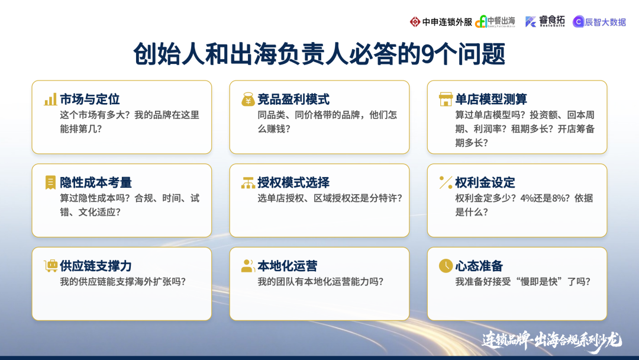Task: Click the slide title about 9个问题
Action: (x=319, y=54)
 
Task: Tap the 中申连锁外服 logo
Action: (x=441, y=22)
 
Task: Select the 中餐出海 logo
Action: (x=495, y=22)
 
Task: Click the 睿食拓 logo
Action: (x=545, y=21)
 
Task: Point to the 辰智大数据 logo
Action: (x=599, y=22)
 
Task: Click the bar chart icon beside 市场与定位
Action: (x=50, y=99)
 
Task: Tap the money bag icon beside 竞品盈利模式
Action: (x=248, y=99)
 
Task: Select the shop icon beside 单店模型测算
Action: (x=446, y=99)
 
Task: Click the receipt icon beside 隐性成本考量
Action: (x=50, y=182)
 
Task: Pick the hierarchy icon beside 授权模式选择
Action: (x=248, y=183)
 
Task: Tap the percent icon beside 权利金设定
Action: (x=446, y=182)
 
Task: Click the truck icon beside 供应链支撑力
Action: (x=50, y=266)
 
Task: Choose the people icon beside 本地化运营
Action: (x=248, y=266)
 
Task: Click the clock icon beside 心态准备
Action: (x=446, y=266)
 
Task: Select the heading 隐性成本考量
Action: (x=96, y=182)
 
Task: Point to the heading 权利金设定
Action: (x=485, y=182)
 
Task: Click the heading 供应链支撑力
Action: (x=96, y=266)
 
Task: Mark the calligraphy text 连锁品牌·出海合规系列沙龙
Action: (x=551, y=340)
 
